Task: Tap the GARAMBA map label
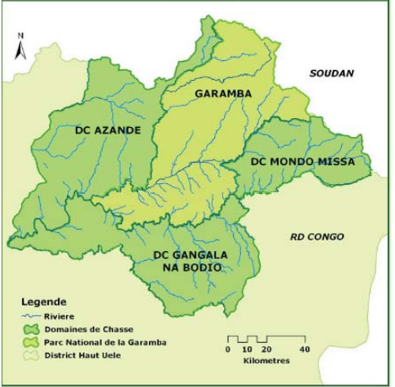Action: pos(223,94)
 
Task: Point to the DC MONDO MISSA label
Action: pos(302,162)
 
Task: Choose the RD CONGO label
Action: pos(318,237)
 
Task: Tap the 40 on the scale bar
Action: pos(305,349)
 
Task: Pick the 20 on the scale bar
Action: pos(266,349)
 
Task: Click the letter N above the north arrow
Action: pos(22,37)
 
